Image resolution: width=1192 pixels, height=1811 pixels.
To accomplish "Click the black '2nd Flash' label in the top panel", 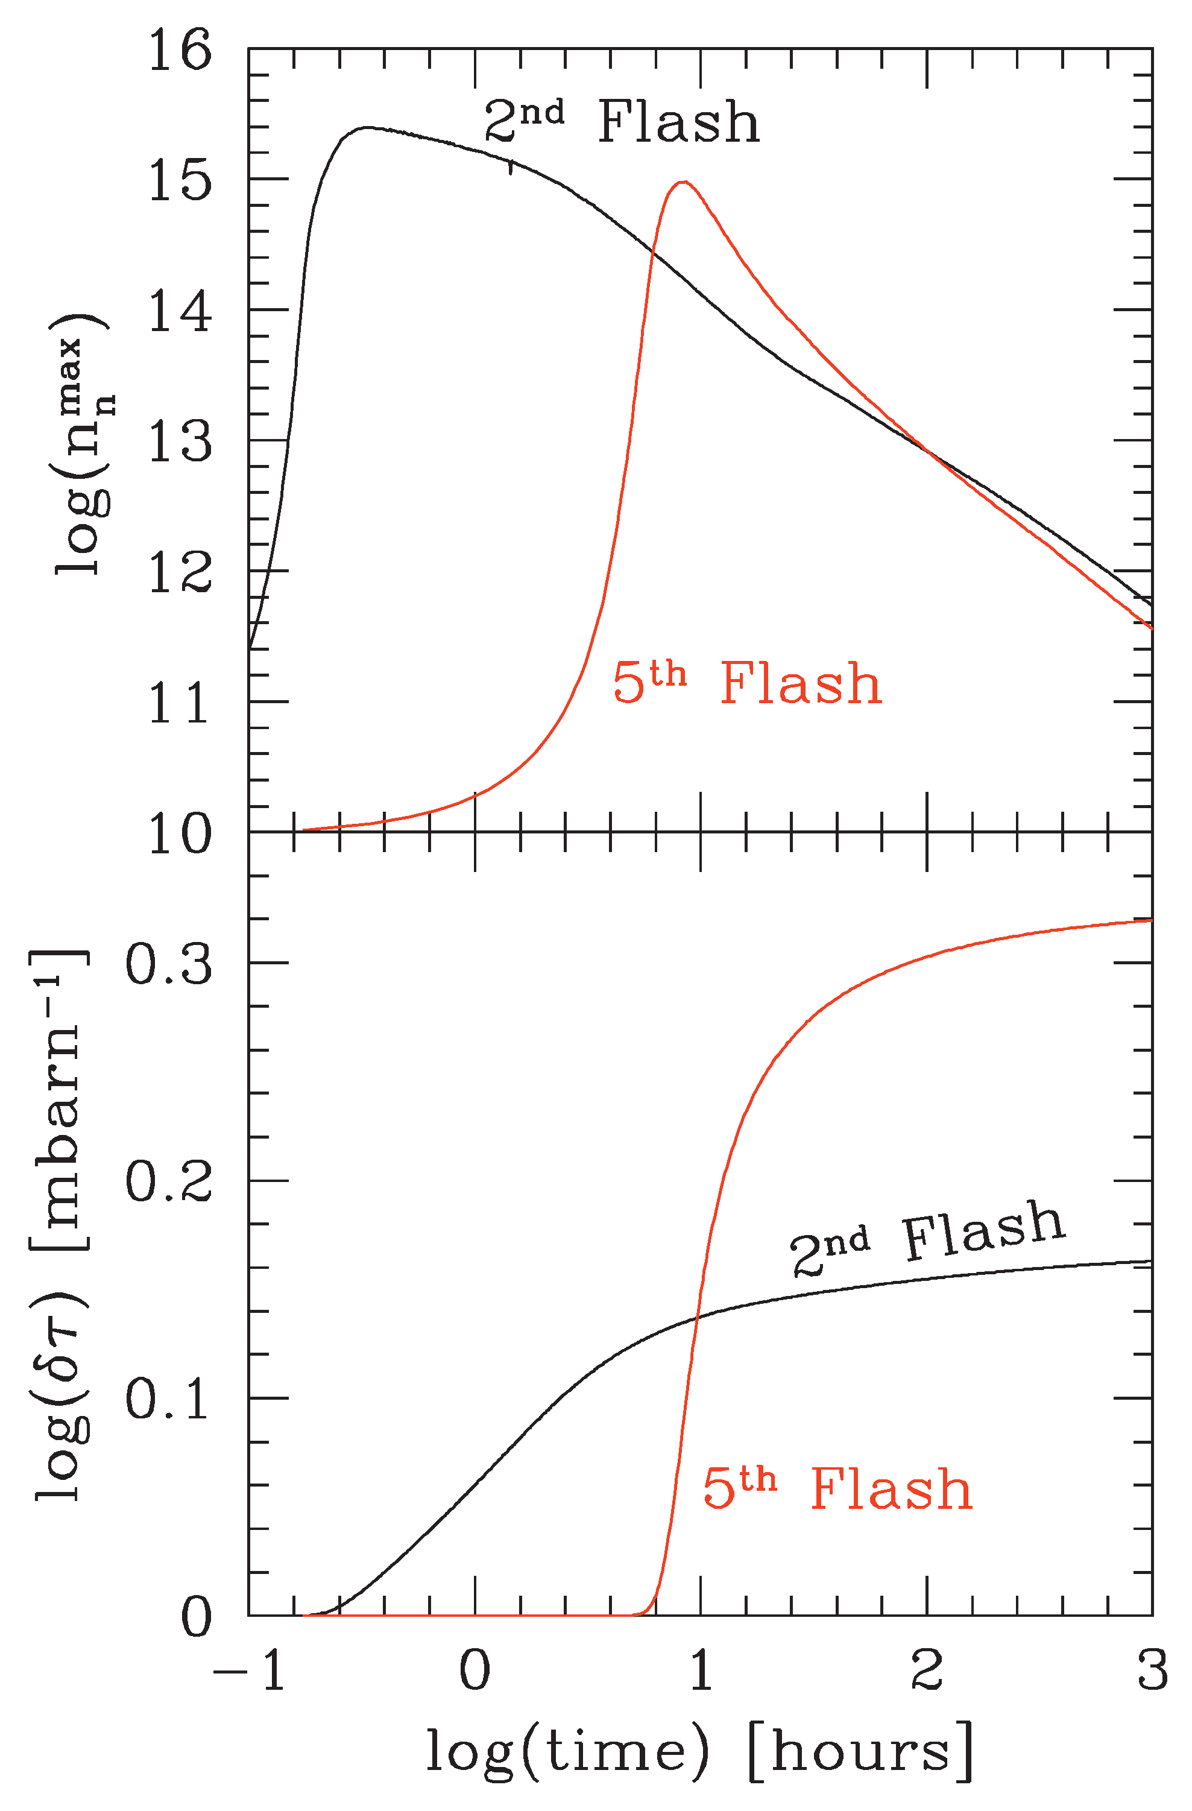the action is [622, 122].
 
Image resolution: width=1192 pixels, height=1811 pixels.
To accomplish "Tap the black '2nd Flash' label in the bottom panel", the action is [927, 1239].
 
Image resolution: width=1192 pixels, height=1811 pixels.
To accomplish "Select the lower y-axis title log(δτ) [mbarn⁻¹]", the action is [61, 1224].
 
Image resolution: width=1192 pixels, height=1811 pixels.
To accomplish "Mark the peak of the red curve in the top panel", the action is [683, 182].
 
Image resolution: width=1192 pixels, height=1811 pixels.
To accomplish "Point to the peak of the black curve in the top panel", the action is [367, 127].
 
